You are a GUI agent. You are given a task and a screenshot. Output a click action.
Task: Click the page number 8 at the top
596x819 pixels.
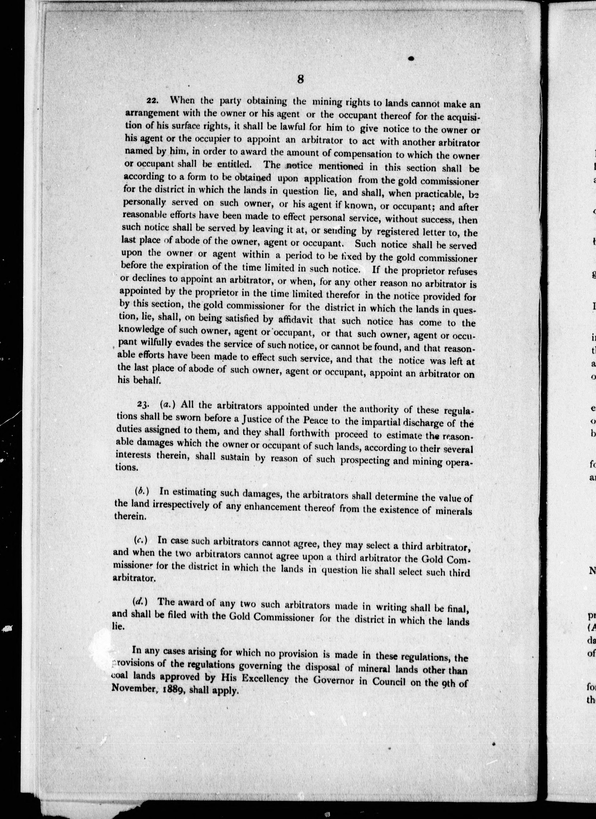[300, 79]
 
